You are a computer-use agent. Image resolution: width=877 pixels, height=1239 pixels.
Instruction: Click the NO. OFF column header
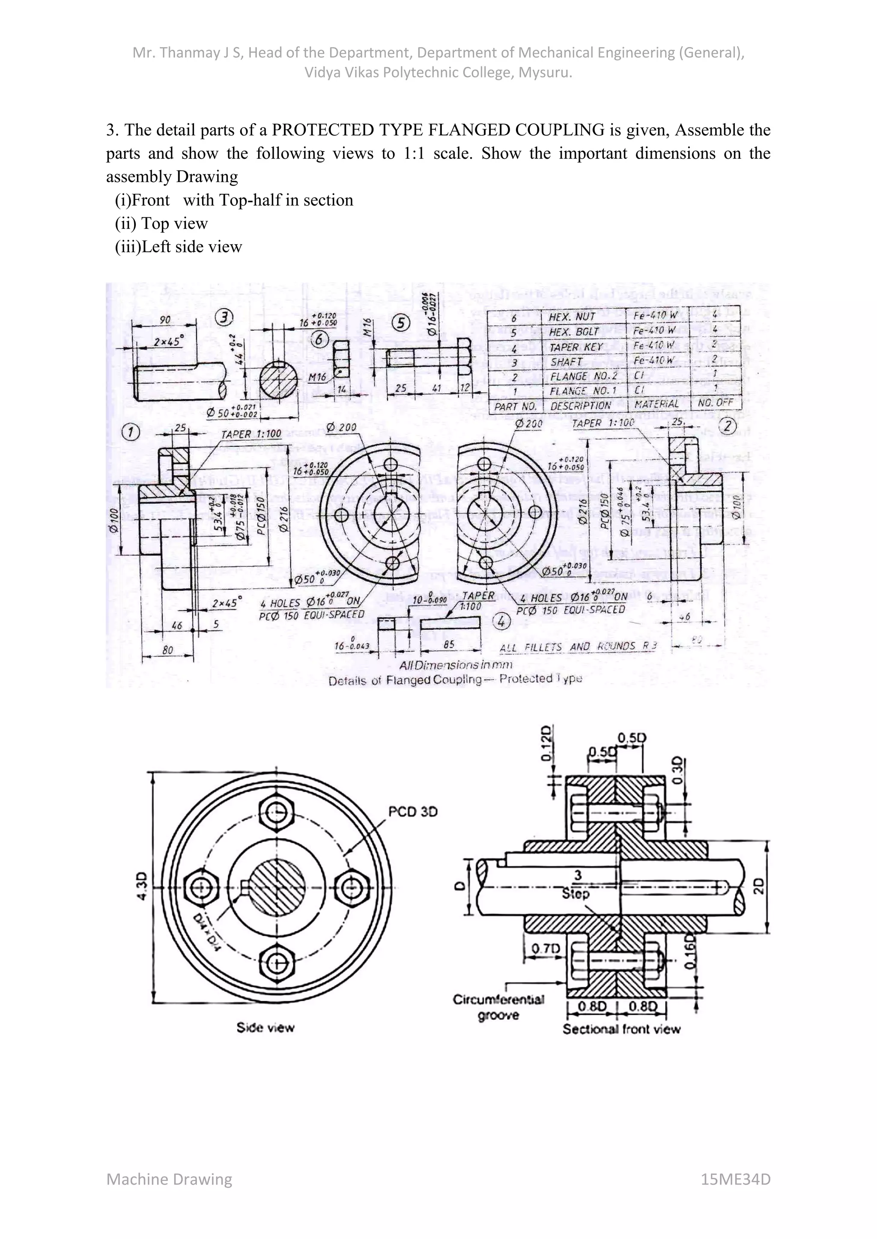click(x=716, y=403)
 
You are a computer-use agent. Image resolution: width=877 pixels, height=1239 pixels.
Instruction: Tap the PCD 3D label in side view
click(x=412, y=812)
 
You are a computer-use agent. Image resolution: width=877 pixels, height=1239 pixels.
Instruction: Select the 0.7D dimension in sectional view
click(x=546, y=948)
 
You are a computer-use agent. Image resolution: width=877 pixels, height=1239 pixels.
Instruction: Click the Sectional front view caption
click(x=621, y=1029)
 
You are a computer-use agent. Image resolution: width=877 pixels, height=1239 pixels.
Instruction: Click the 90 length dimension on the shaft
click(x=165, y=320)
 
